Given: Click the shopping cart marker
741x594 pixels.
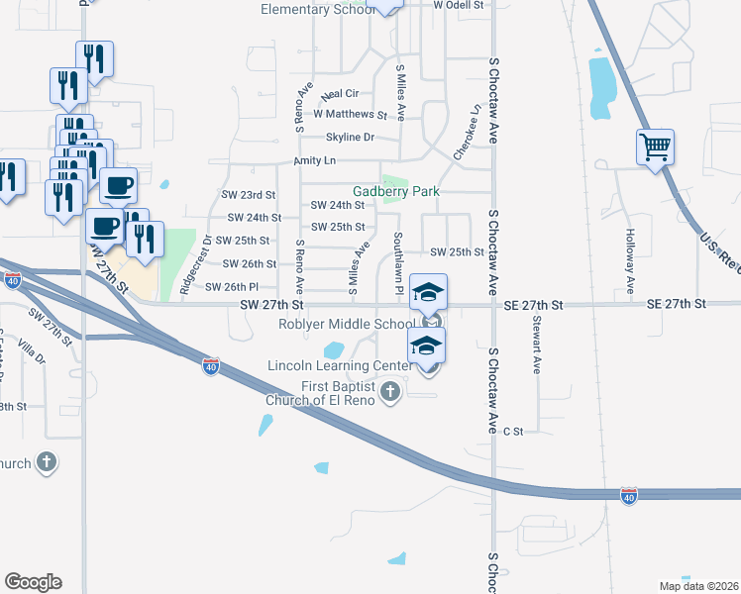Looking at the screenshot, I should point(656,148).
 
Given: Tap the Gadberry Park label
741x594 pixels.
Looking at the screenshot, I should point(396,191).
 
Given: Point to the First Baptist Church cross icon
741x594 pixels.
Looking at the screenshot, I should point(390,393).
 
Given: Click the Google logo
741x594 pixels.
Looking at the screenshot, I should point(33,582).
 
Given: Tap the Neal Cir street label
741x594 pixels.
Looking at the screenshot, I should point(340,95).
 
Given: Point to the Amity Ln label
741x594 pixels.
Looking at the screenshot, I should point(315,160).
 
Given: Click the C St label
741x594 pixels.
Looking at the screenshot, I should point(512,432).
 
